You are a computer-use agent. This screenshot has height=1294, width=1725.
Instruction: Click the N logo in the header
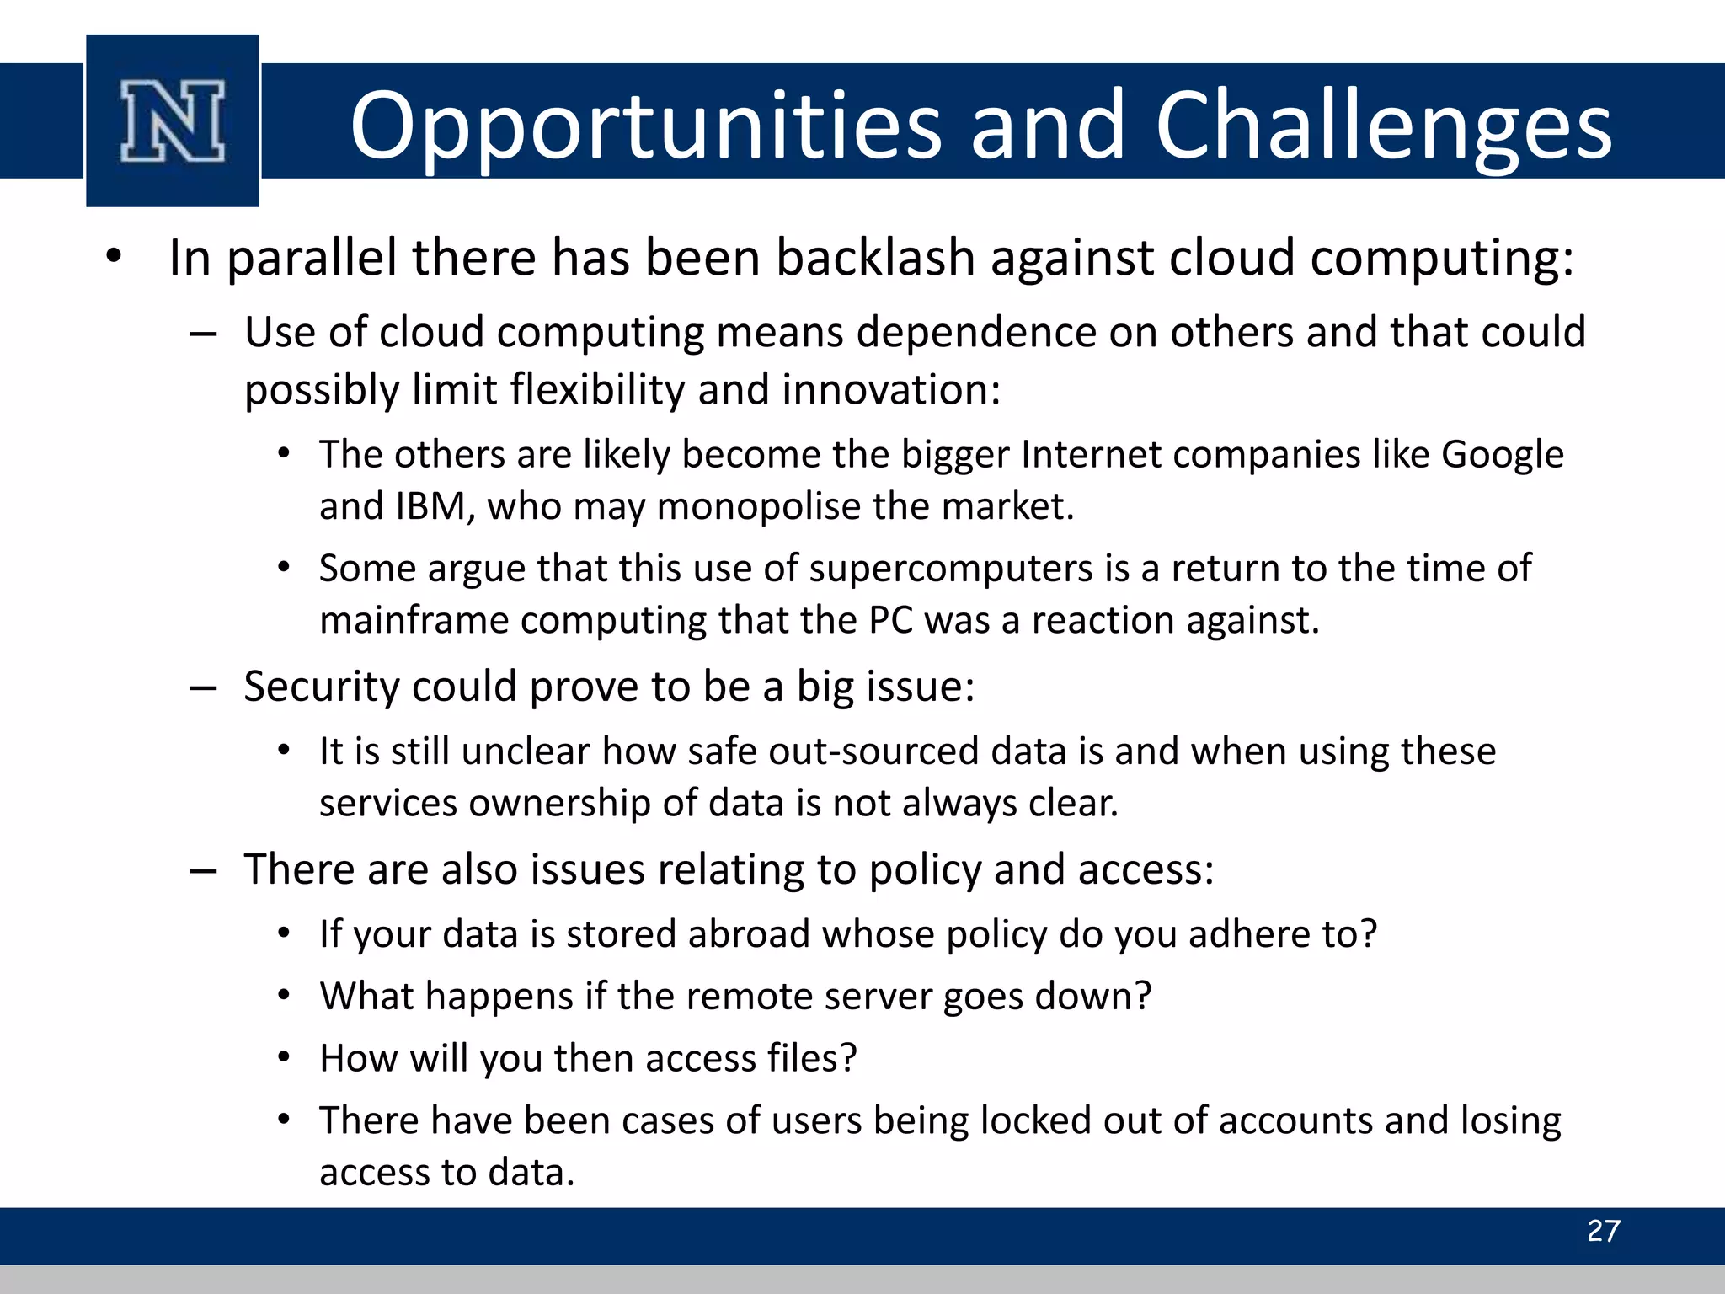point(173,120)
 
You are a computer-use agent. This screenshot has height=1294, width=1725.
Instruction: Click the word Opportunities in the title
point(644,126)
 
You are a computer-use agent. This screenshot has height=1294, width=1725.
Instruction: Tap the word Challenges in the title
point(1382,126)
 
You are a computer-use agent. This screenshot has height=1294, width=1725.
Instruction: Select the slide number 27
point(1603,1231)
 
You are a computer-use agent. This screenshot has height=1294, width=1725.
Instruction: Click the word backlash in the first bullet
point(875,257)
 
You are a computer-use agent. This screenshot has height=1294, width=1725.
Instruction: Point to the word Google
point(1502,455)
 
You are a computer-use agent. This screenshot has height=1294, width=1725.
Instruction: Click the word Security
point(320,687)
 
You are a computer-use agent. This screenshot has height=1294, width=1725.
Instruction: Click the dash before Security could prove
point(203,688)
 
